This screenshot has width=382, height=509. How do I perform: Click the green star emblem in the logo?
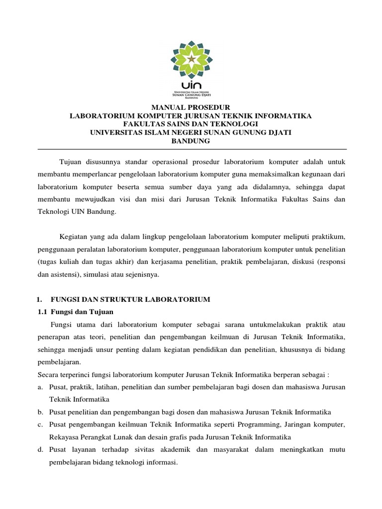pyautogui.click(x=191, y=59)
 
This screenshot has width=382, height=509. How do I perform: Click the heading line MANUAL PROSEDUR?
pyautogui.click(x=191, y=107)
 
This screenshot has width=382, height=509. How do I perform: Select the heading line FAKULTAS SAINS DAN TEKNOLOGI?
pyautogui.click(x=191, y=124)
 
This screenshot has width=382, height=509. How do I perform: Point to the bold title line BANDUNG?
pyautogui.click(x=191, y=141)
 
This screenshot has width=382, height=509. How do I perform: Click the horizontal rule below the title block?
pyautogui.click(x=191, y=149)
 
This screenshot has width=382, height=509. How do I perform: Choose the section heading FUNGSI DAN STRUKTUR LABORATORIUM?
pyautogui.click(x=131, y=299)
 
